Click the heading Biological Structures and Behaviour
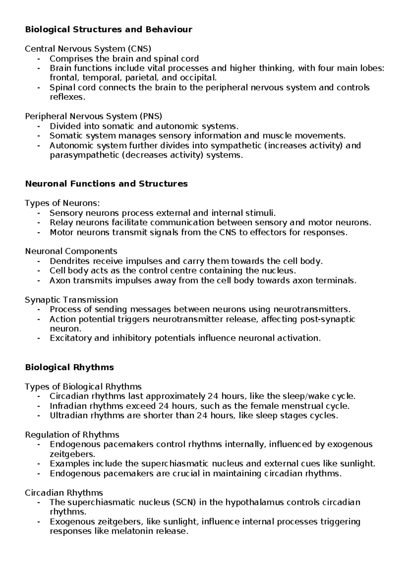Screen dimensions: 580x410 click(109, 29)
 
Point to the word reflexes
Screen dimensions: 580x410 click(66, 97)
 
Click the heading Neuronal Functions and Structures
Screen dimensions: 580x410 click(106, 184)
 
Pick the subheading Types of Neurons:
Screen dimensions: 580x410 click(63, 203)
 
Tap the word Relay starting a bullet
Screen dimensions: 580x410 click(61, 223)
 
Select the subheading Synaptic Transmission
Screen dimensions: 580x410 click(71, 300)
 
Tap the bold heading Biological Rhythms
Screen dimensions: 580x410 click(69, 368)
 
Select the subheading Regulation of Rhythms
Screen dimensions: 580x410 click(72, 435)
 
